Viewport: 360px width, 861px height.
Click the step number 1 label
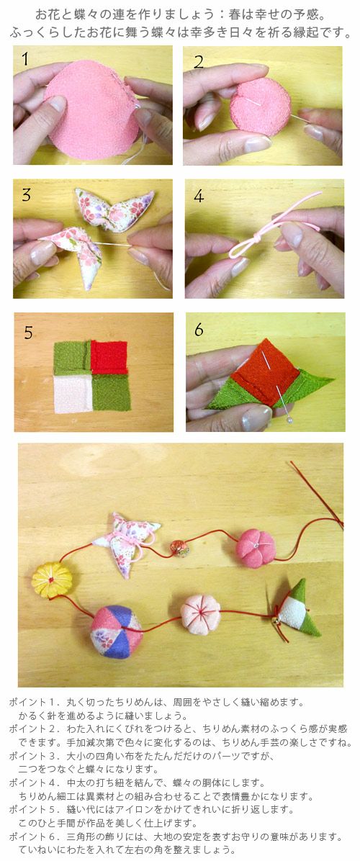[25, 59]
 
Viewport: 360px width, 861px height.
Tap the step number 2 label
[199, 61]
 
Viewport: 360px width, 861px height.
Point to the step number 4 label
[199, 196]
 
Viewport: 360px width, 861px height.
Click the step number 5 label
[29, 332]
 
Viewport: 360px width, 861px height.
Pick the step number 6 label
[199, 330]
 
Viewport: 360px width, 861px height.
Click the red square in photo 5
[109, 357]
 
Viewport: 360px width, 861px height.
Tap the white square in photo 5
[73, 394]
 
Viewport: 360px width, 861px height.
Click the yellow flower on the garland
[52, 580]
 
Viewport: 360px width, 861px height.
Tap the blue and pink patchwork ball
[117, 631]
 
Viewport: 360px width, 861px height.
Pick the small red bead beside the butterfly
[179, 548]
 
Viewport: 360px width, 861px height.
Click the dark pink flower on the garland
[256, 548]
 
